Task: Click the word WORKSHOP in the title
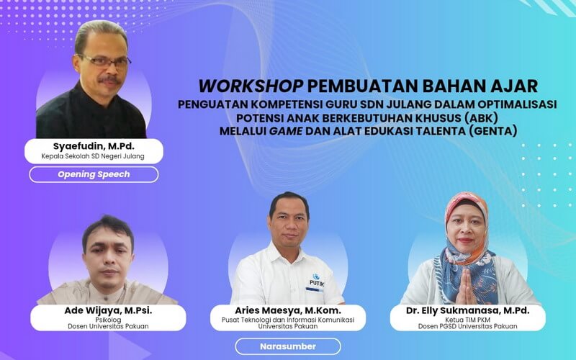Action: [250, 86]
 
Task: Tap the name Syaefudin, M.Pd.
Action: [93, 146]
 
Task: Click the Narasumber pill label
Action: [288, 346]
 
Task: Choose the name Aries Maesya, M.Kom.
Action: [288, 310]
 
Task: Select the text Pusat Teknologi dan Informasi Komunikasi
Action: [288, 320]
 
